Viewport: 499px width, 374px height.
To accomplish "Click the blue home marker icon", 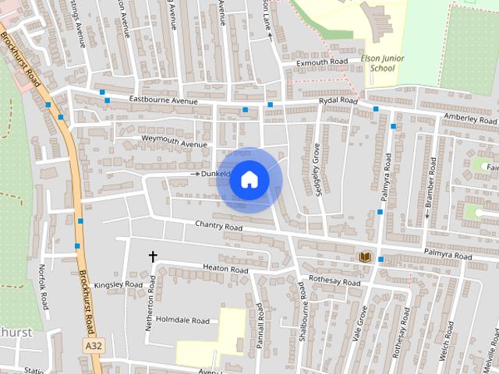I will tap(249, 179).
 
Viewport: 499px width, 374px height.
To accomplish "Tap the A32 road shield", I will tap(94, 344).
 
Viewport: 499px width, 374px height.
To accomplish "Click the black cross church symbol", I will tap(153, 256).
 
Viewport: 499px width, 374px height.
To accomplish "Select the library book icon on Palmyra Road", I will tap(364, 256).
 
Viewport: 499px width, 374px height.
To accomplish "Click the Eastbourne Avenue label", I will tap(164, 101).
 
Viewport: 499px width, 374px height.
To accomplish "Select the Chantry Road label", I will tap(219, 227).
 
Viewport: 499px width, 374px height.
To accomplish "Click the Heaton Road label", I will tap(225, 270).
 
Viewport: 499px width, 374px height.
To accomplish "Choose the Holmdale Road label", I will tap(182, 320).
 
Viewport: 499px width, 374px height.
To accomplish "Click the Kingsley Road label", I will tap(119, 285).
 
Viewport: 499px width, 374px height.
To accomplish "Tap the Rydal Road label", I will tap(338, 101).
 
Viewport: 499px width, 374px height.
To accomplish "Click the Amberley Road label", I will tap(469, 118).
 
